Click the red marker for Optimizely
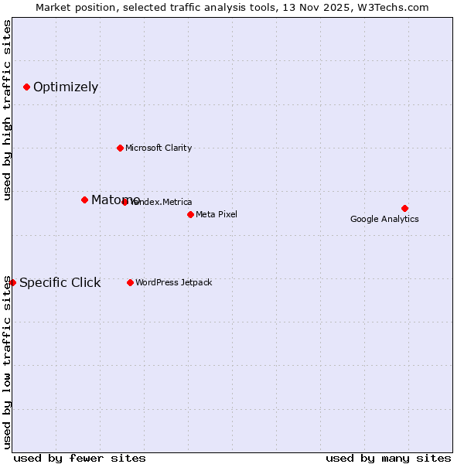pos(26,87)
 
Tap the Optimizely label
pos(66,87)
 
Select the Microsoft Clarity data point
pos(120,148)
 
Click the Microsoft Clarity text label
pos(159,148)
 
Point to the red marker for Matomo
pos(84,200)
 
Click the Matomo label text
pos(115,200)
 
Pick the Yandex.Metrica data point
pos(125,202)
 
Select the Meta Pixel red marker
pos(190,214)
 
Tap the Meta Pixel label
pos(217,214)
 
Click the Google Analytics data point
pos(404,208)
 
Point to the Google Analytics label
pos(384,219)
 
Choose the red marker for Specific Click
pos(12,282)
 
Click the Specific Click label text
pos(60,282)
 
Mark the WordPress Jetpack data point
pos(130,282)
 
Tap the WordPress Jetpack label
pos(173,282)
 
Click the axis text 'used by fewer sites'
pos(80,458)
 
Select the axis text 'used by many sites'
pos(388,458)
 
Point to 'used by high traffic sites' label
pos(7,111)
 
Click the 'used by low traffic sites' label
pos(7,362)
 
